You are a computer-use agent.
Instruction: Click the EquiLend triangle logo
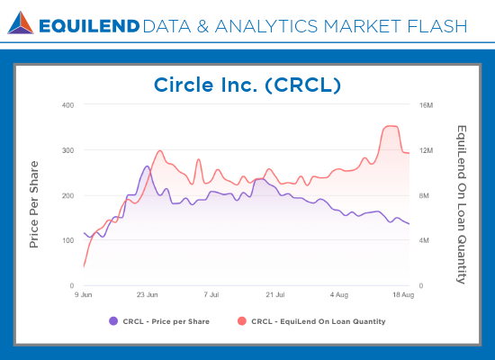(x=21, y=22)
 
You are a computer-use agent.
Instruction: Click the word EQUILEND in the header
(x=89, y=26)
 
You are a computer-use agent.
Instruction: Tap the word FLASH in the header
(x=437, y=26)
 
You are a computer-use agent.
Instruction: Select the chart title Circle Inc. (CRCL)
(x=247, y=85)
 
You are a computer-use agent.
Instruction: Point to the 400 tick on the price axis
(x=67, y=105)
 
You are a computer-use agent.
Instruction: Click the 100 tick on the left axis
(x=67, y=240)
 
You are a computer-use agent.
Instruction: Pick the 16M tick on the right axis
(x=427, y=105)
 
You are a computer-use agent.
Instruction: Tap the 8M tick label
(x=424, y=196)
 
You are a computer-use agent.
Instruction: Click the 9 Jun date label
(x=84, y=294)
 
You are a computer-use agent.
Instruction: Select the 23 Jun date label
(x=147, y=294)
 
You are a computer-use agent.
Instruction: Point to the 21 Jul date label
(x=275, y=294)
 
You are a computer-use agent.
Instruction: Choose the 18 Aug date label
(x=403, y=294)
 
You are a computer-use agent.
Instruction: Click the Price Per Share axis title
(x=34, y=204)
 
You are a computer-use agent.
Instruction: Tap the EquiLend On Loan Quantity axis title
(x=462, y=204)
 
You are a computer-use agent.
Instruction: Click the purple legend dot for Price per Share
(x=113, y=321)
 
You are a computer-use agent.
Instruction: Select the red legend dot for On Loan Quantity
(x=242, y=321)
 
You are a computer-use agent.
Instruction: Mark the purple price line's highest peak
(x=147, y=166)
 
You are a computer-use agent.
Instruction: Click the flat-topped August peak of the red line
(x=391, y=126)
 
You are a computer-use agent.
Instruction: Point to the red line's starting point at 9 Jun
(x=84, y=266)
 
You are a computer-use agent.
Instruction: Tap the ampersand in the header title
(x=202, y=26)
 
